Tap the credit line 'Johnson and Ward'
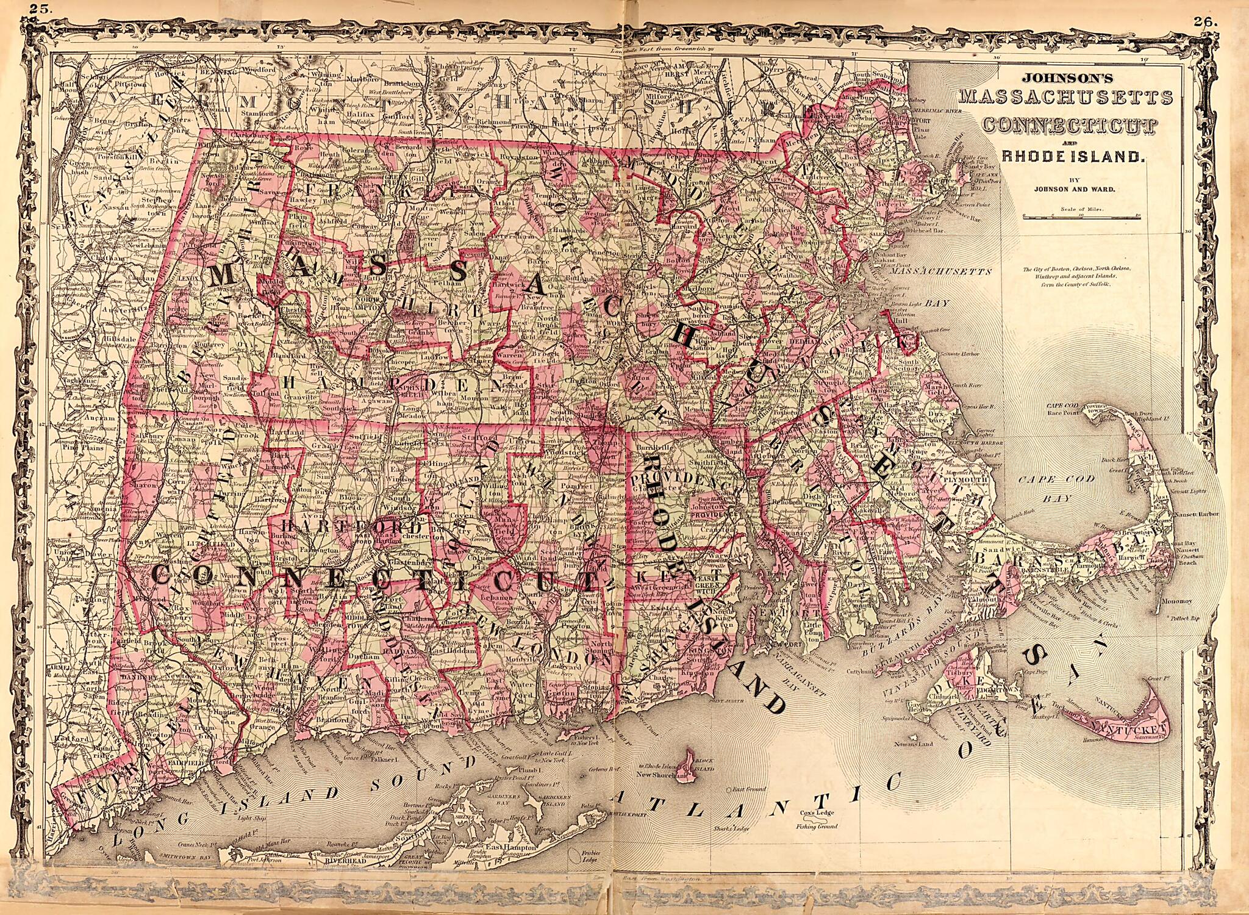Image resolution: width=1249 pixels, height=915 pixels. coord(1074,189)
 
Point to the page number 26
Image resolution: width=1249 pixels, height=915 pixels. coord(1205,21)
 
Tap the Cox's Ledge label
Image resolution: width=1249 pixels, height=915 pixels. coord(816,813)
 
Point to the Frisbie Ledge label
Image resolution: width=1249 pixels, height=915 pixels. coord(589,856)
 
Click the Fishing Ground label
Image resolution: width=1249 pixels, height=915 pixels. coord(816,827)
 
